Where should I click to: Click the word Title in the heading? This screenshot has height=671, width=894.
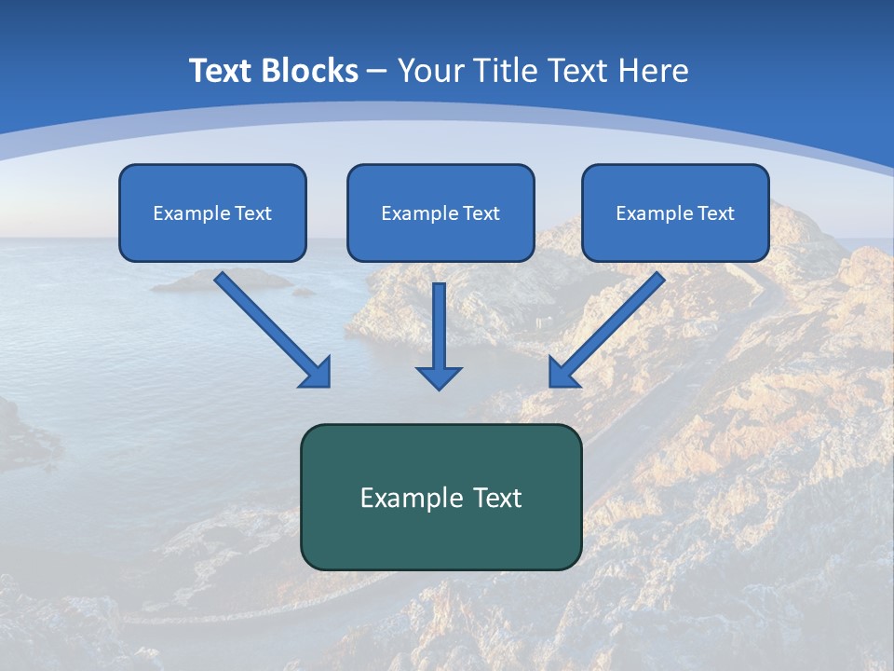(x=499, y=71)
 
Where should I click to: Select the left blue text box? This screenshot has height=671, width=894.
(x=212, y=233)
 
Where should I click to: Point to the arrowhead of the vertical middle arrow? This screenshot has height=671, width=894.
(x=440, y=377)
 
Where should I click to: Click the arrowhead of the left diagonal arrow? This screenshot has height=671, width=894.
(x=317, y=373)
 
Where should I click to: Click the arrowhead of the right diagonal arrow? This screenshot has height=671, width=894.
(x=562, y=373)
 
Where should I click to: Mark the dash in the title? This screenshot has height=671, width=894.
(x=377, y=72)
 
